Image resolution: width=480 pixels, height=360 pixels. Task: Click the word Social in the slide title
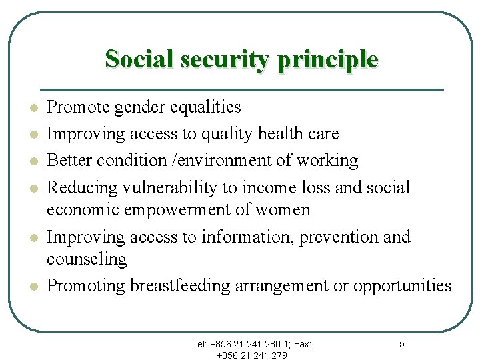coord(136,59)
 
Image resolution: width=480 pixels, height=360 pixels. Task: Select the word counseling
coord(87,259)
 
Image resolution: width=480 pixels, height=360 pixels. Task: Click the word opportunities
coord(402,286)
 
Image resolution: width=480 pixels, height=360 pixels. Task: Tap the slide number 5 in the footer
coord(401,344)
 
